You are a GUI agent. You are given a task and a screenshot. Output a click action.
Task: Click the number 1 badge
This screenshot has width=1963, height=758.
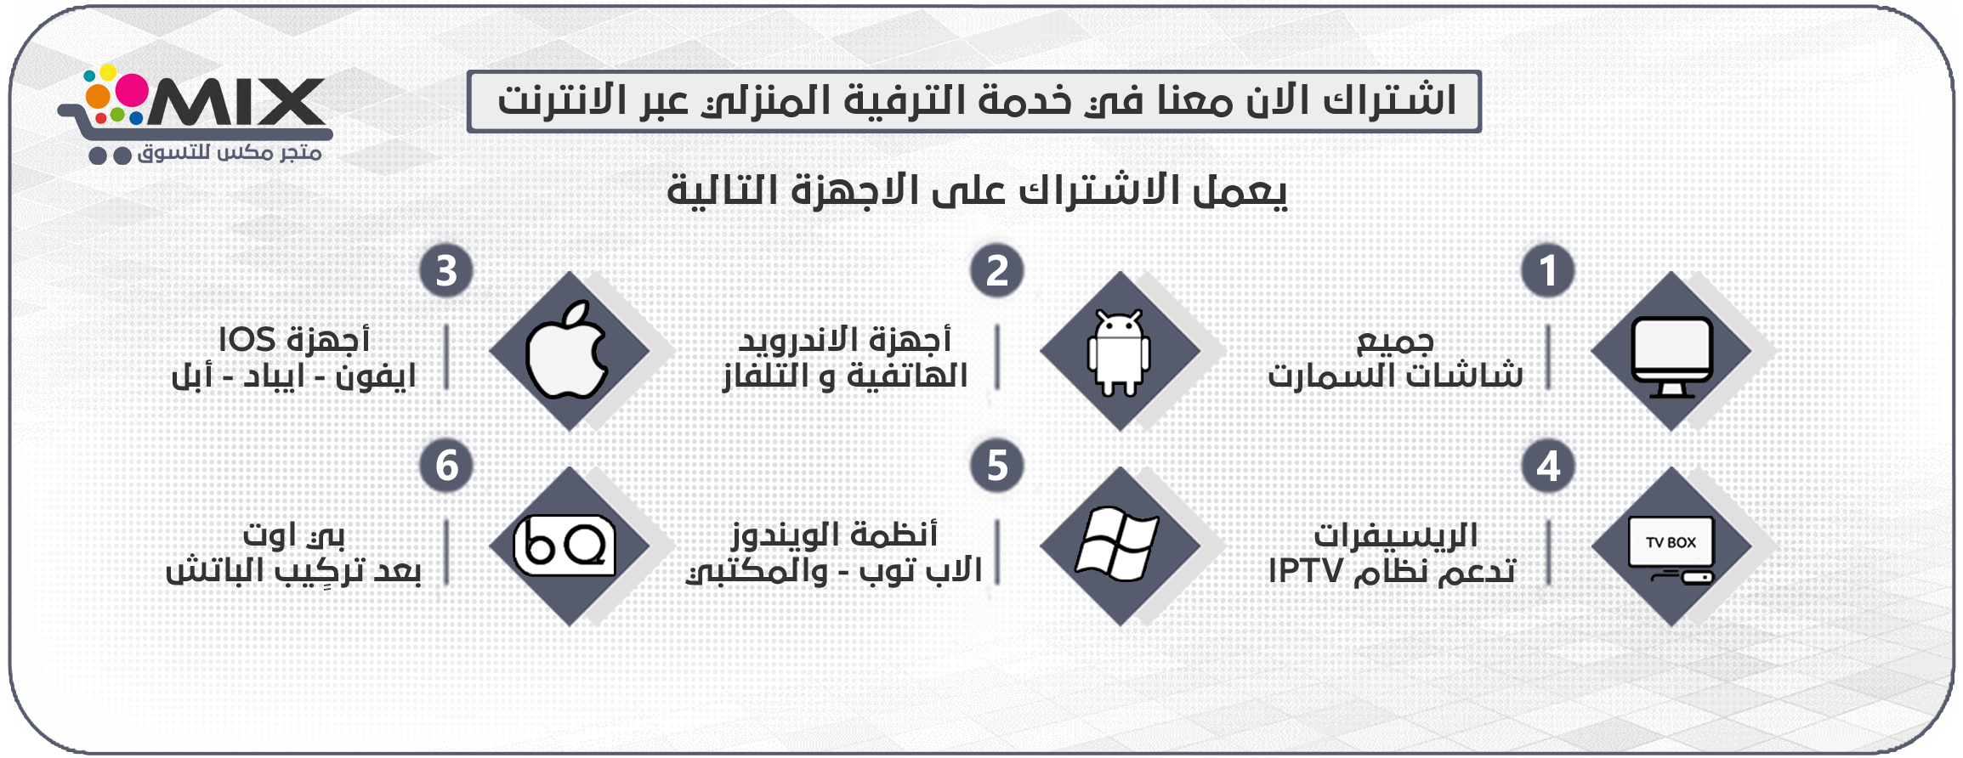tap(1547, 271)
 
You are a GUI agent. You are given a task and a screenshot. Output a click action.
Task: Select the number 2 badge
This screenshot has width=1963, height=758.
tap(996, 271)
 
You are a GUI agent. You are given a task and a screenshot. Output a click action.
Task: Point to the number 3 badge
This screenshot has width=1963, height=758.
tap(446, 271)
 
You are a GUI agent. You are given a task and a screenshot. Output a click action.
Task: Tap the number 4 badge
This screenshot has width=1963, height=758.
tap(1547, 466)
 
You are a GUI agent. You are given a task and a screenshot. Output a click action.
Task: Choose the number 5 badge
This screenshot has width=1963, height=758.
tap(996, 466)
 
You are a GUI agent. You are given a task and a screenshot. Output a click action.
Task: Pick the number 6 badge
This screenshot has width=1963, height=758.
tap(446, 466)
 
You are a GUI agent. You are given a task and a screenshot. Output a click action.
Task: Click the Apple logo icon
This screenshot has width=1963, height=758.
tap(567, 350)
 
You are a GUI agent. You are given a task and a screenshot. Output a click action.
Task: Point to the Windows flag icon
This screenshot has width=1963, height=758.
tap(1117, 545)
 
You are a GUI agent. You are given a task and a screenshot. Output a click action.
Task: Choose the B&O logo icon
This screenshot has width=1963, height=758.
tap(565, 546)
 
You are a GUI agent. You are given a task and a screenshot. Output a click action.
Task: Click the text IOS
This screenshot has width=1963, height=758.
tap(247, 340)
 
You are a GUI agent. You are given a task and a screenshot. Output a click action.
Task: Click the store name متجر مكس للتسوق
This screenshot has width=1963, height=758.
tap(230, 153)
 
